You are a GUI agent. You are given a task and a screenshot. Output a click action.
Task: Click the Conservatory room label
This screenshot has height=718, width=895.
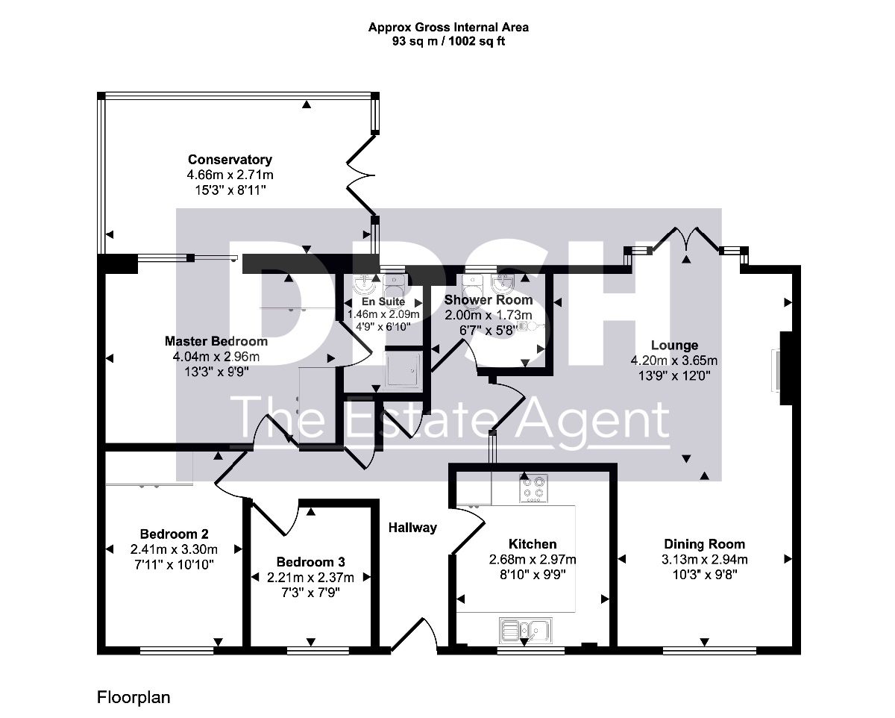coord(230,160)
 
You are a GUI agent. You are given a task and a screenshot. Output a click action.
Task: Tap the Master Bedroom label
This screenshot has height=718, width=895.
coord(216,341)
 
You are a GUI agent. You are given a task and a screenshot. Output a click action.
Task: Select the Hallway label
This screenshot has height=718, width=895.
coord(412,528)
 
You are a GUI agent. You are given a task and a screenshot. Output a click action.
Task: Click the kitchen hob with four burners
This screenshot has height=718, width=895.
coord(533,488)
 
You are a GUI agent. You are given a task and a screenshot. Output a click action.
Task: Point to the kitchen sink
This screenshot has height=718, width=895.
coord(526,631)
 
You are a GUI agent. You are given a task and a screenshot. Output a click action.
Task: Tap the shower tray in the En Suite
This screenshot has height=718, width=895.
coord(403,370)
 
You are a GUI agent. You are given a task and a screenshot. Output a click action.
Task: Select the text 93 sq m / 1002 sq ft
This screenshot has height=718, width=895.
coord(448,42)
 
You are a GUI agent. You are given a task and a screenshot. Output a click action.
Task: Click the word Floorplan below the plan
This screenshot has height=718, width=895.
coord(134,698)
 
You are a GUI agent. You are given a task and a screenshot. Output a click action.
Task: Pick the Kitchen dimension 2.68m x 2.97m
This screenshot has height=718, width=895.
coord(533,560)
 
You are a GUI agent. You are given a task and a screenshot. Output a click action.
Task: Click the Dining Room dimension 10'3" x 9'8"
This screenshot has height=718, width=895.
coord(705,575)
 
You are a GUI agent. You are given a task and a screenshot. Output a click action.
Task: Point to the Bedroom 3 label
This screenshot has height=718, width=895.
coord(311,562)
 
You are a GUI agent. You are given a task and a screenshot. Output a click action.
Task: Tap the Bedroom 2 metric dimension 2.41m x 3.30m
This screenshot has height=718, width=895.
coord(174,549)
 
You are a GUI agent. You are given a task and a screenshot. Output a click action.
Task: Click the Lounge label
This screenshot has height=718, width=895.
coord(674,345)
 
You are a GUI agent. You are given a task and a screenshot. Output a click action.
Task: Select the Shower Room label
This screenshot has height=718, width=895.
coord(489,300)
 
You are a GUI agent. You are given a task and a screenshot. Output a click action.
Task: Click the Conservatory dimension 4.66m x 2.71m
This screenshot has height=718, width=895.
coord(230,175)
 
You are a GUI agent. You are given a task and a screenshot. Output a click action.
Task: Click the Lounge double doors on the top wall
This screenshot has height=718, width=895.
coord(686,240)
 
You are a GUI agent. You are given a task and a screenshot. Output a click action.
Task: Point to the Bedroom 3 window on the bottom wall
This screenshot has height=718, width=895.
coord(318,651)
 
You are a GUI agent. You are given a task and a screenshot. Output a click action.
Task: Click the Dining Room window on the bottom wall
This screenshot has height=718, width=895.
coord(709,651)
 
